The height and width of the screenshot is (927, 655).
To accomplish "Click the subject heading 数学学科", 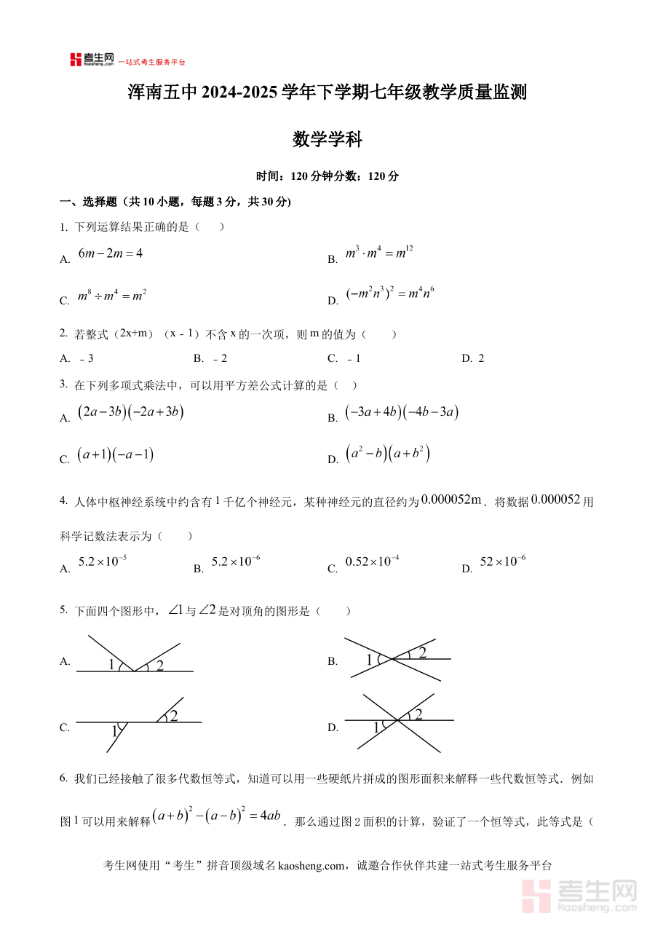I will click(327, 139).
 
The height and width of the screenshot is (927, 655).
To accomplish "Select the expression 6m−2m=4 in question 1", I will click(111, 254).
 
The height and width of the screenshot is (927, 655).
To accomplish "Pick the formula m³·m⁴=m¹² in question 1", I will click(379, 253).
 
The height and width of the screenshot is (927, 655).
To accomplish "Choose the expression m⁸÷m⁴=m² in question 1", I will click(112, 296).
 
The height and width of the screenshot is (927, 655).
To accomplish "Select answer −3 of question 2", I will click(87, 358).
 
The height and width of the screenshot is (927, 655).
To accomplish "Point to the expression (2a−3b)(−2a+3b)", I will click(130, 412).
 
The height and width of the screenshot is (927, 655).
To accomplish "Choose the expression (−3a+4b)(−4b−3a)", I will click(401, 412).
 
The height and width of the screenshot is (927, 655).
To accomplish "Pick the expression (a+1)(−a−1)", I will click(116, 455).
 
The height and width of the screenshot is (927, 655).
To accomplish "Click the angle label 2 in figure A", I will click(159, 664).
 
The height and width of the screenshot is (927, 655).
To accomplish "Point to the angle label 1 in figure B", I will click(369, 660).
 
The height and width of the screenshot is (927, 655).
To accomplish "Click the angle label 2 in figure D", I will click(418, 714).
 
